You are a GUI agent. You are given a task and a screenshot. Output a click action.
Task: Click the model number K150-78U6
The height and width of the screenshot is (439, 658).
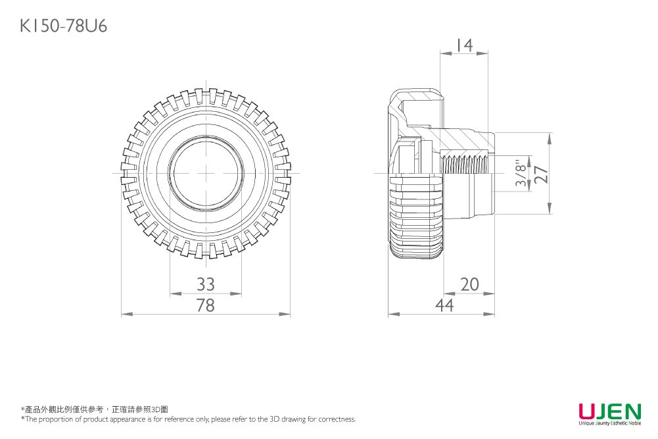(x=64, y=26)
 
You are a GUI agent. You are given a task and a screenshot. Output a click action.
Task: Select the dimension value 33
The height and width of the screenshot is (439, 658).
(x=206, y=284)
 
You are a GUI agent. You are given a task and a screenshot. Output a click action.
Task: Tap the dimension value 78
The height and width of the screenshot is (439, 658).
(x=206, y=305)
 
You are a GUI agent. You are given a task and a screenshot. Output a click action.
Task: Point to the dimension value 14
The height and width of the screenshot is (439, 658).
(x=464, y=45)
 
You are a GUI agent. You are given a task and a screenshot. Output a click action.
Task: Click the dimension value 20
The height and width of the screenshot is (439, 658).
(x=469, y=284)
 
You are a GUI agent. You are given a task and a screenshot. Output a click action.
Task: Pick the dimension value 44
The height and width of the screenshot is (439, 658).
(x=444, y=305)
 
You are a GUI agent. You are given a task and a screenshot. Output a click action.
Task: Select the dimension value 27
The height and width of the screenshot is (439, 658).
(x=541, y=174)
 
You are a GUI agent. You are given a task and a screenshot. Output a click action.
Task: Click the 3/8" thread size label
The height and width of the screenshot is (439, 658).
(x=523, y=174)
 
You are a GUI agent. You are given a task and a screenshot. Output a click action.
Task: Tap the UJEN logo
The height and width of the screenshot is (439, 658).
(x=609, y=411)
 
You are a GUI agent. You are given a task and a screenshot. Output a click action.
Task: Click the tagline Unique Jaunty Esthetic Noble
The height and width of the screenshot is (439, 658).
(x=609, y=423)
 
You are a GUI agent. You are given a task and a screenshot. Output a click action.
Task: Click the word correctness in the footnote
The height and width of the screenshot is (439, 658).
(x=337, y=419)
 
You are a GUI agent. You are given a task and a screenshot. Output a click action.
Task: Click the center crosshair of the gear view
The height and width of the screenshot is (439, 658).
(x=206, y=173)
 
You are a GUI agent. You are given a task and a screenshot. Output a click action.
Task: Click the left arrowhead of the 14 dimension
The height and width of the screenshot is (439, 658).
(x=442, y=54)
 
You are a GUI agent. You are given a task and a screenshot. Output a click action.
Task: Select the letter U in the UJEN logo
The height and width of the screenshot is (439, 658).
(x=588, y=411)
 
